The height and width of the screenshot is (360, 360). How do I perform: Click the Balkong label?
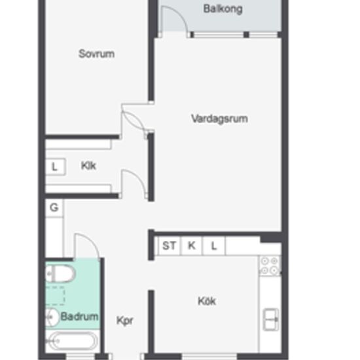click(223, 9)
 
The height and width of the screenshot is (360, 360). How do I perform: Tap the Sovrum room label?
click(96, 54)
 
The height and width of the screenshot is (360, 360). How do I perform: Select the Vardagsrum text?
click(219, 119)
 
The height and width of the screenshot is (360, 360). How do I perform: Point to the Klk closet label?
click(88, 166)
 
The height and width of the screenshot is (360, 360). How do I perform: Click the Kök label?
click(207, 301)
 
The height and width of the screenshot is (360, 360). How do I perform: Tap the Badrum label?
click(79, 316)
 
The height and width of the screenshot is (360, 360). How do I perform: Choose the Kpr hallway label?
click(124, 321)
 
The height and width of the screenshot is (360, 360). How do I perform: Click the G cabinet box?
click(54, 208)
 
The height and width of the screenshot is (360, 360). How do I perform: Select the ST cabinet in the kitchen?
click(170, 246)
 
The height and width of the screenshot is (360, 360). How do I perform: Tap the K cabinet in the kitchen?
click(192, 246)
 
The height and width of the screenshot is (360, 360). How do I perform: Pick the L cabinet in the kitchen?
click(214, 246)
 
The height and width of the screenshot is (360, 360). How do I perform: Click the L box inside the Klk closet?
click(56, 167)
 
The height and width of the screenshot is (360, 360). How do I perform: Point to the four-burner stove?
click(270, 266)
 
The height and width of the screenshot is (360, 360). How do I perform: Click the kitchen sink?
click(271, 319)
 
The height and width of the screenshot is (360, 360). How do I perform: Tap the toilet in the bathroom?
click(60, 274)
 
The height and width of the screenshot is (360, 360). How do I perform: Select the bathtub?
click(73, 342)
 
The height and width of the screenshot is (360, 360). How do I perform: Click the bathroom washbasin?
click(52, 317)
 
